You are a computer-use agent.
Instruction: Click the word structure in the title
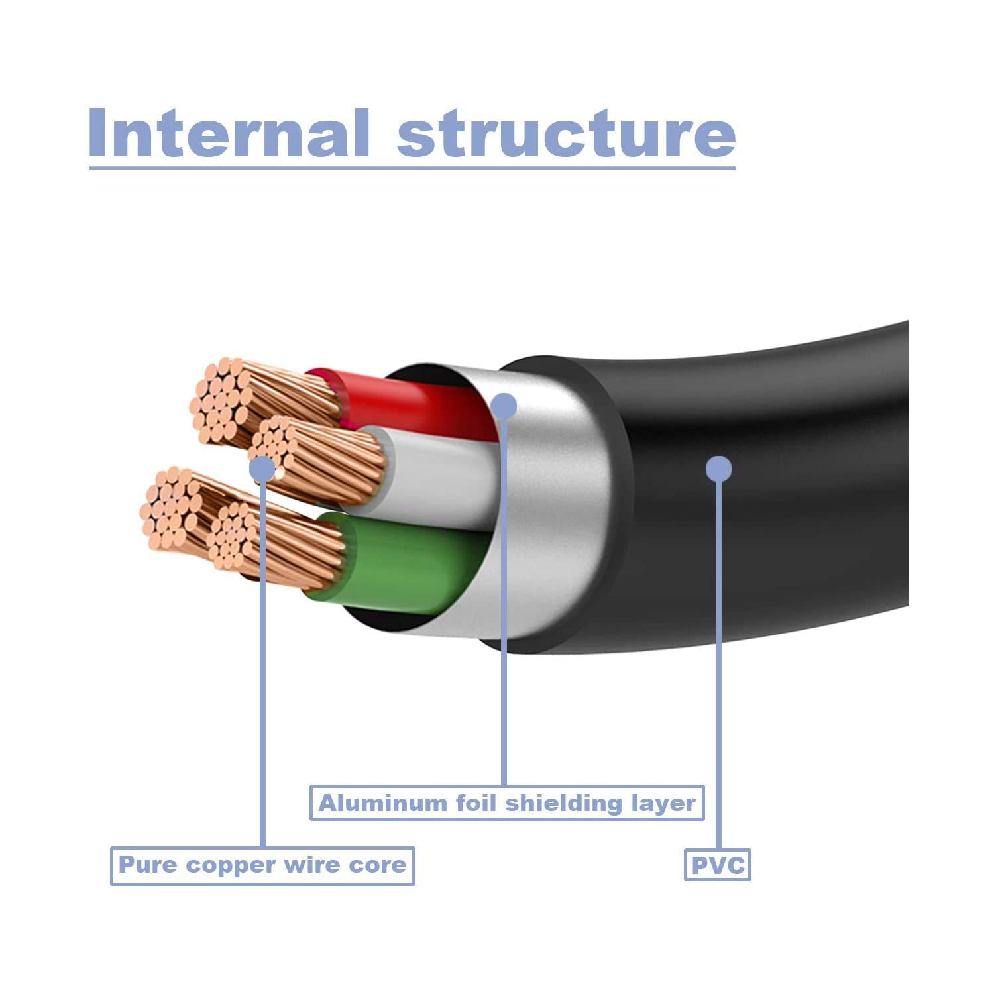tap(566, 135)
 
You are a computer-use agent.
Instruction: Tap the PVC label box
tap(717, 865)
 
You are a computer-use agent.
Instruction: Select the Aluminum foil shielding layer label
tap(507, 803)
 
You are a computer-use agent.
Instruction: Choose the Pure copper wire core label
tap(262, 865)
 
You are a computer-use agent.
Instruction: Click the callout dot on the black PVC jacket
tap(718, 469)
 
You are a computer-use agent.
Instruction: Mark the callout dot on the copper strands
tap(263, 469)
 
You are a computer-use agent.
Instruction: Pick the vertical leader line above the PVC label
tap(718, 663)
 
